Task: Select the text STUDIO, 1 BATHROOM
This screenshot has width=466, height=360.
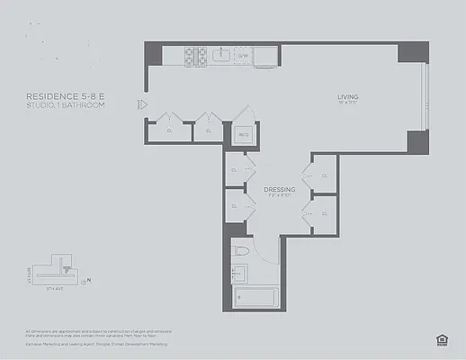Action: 65,106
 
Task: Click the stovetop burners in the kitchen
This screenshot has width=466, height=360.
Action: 196,56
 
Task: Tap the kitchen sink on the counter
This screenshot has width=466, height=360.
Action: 220,56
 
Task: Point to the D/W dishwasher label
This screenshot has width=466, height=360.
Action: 243,56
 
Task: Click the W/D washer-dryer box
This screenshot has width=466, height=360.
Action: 243,135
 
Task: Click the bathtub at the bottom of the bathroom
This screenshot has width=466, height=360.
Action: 257,297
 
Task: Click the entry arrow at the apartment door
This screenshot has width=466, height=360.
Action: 140,104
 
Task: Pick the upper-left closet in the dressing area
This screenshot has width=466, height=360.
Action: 235,170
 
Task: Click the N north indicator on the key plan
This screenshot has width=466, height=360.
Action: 89,280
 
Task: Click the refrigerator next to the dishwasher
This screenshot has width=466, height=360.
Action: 265,56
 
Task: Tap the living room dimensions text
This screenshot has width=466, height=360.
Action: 348,104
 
